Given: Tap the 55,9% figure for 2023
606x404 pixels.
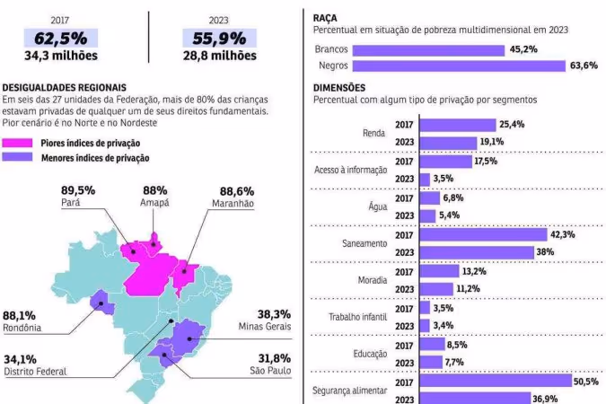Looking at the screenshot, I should pyautogui.click(x=219, y=39).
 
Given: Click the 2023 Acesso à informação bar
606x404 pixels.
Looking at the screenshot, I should pyautogui.click(x=425, y=179).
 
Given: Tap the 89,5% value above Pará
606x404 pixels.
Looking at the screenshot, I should pyautogui.click(x=79, y=191).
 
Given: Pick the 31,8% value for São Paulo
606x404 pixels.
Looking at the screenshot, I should pyautogui.click(x=274, y=358).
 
